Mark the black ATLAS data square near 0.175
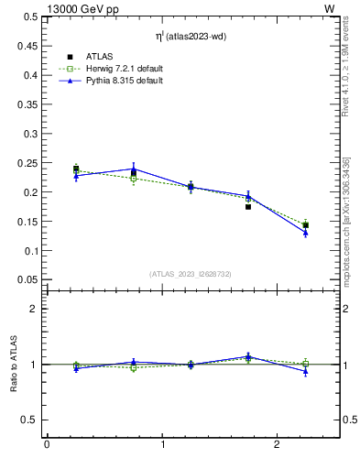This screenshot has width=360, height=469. point(248,207)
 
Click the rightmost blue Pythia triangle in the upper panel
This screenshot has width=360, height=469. point(306,233)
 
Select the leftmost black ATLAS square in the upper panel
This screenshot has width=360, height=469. point(76,169)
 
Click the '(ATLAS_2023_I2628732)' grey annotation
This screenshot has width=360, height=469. point(190,273)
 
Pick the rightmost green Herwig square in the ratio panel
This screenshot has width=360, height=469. point(306,364)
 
